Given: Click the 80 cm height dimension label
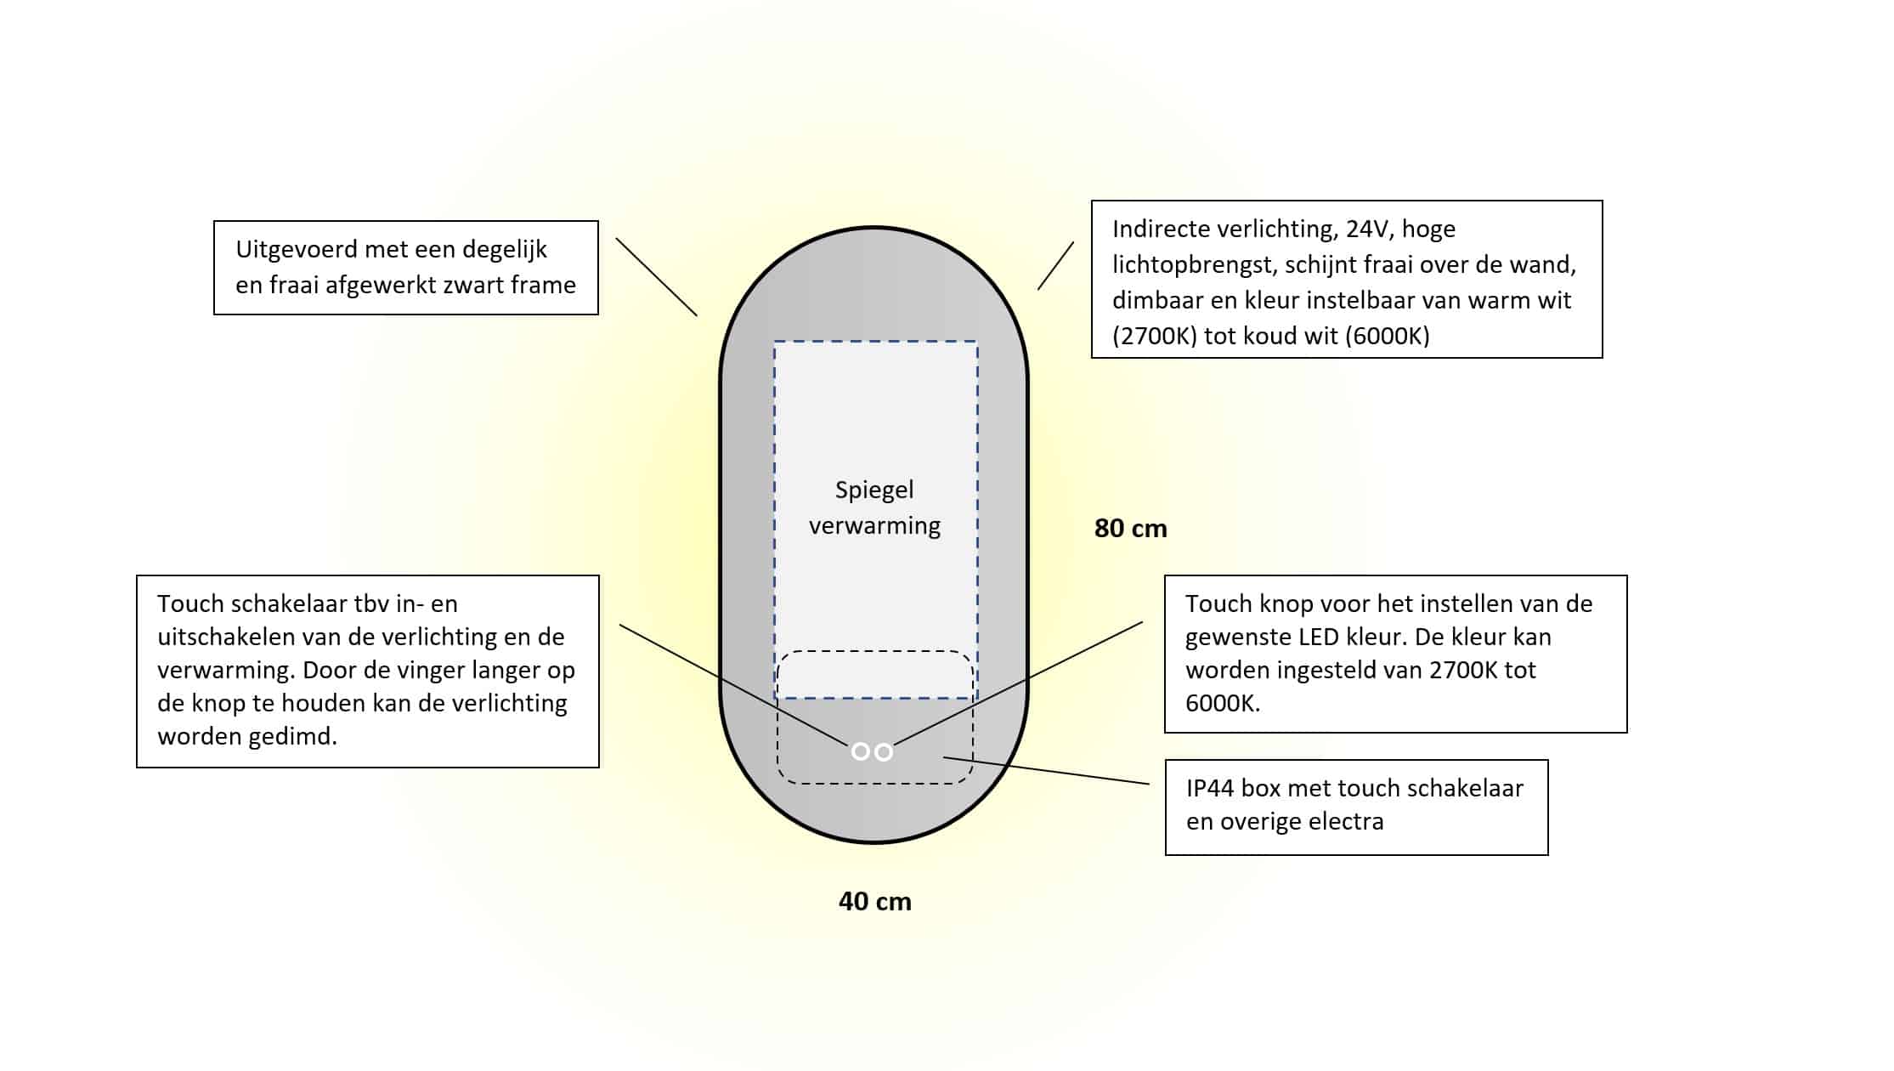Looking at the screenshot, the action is click(1130, 529).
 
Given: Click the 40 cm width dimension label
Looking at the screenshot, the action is click(874, 901).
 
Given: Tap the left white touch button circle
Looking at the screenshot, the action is click(860, 751).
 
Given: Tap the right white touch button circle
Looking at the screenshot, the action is click(884, 752).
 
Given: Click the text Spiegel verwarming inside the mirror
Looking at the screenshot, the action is click(874, 507).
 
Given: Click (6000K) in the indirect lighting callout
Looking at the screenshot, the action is click(1388, 336).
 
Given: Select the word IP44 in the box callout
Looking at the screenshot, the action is click(1210, 789).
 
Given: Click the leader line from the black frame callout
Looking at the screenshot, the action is click(657, 277).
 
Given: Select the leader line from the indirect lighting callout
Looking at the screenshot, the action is click(1055, 266).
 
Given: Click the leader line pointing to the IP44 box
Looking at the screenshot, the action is click(1046, 770).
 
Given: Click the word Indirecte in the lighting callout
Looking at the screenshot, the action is click(1162, 229).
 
